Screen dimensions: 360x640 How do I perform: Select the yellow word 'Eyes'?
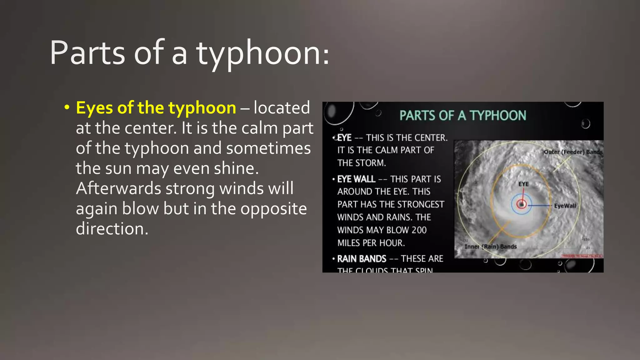tap(94, 108)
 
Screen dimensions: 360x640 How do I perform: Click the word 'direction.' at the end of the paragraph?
tap(112, 229)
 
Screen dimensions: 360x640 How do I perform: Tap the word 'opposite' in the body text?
tap(259, 208)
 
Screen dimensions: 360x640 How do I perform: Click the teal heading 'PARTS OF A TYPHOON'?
tap(462, 116)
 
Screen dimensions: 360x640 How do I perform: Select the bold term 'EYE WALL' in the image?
tap(356, 179)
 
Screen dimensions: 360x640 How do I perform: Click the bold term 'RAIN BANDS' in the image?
tap(362, 259)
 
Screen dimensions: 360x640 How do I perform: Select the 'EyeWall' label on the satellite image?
tap(565, 206)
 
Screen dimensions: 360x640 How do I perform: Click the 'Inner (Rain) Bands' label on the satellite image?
tap(490, 247)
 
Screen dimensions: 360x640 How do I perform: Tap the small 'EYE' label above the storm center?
tap(523, 184)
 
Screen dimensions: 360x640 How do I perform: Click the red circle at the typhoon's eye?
tap(521, 204)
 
